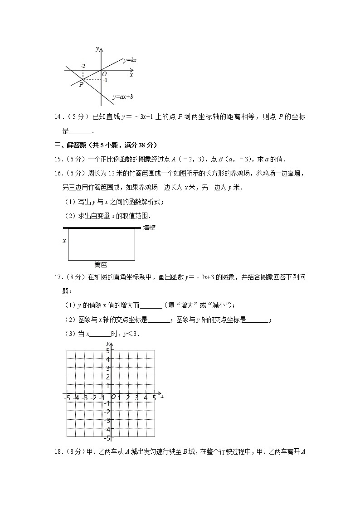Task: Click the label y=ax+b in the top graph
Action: tap(122, 97)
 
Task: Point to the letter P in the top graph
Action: tap(81, 84)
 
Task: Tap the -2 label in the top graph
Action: tap(83, 66)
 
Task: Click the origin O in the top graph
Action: tap(104, 74)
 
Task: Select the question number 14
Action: tap(58, 117)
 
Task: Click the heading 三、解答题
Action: tap(68, 145)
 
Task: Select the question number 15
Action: tap(58, 159)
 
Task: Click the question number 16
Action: tap(58, 174)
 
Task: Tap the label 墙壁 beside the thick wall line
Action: tap(149, 228)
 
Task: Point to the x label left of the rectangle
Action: tap(64, 241)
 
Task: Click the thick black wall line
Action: tap(100, 228)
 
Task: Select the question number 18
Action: tap(58, 451)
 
